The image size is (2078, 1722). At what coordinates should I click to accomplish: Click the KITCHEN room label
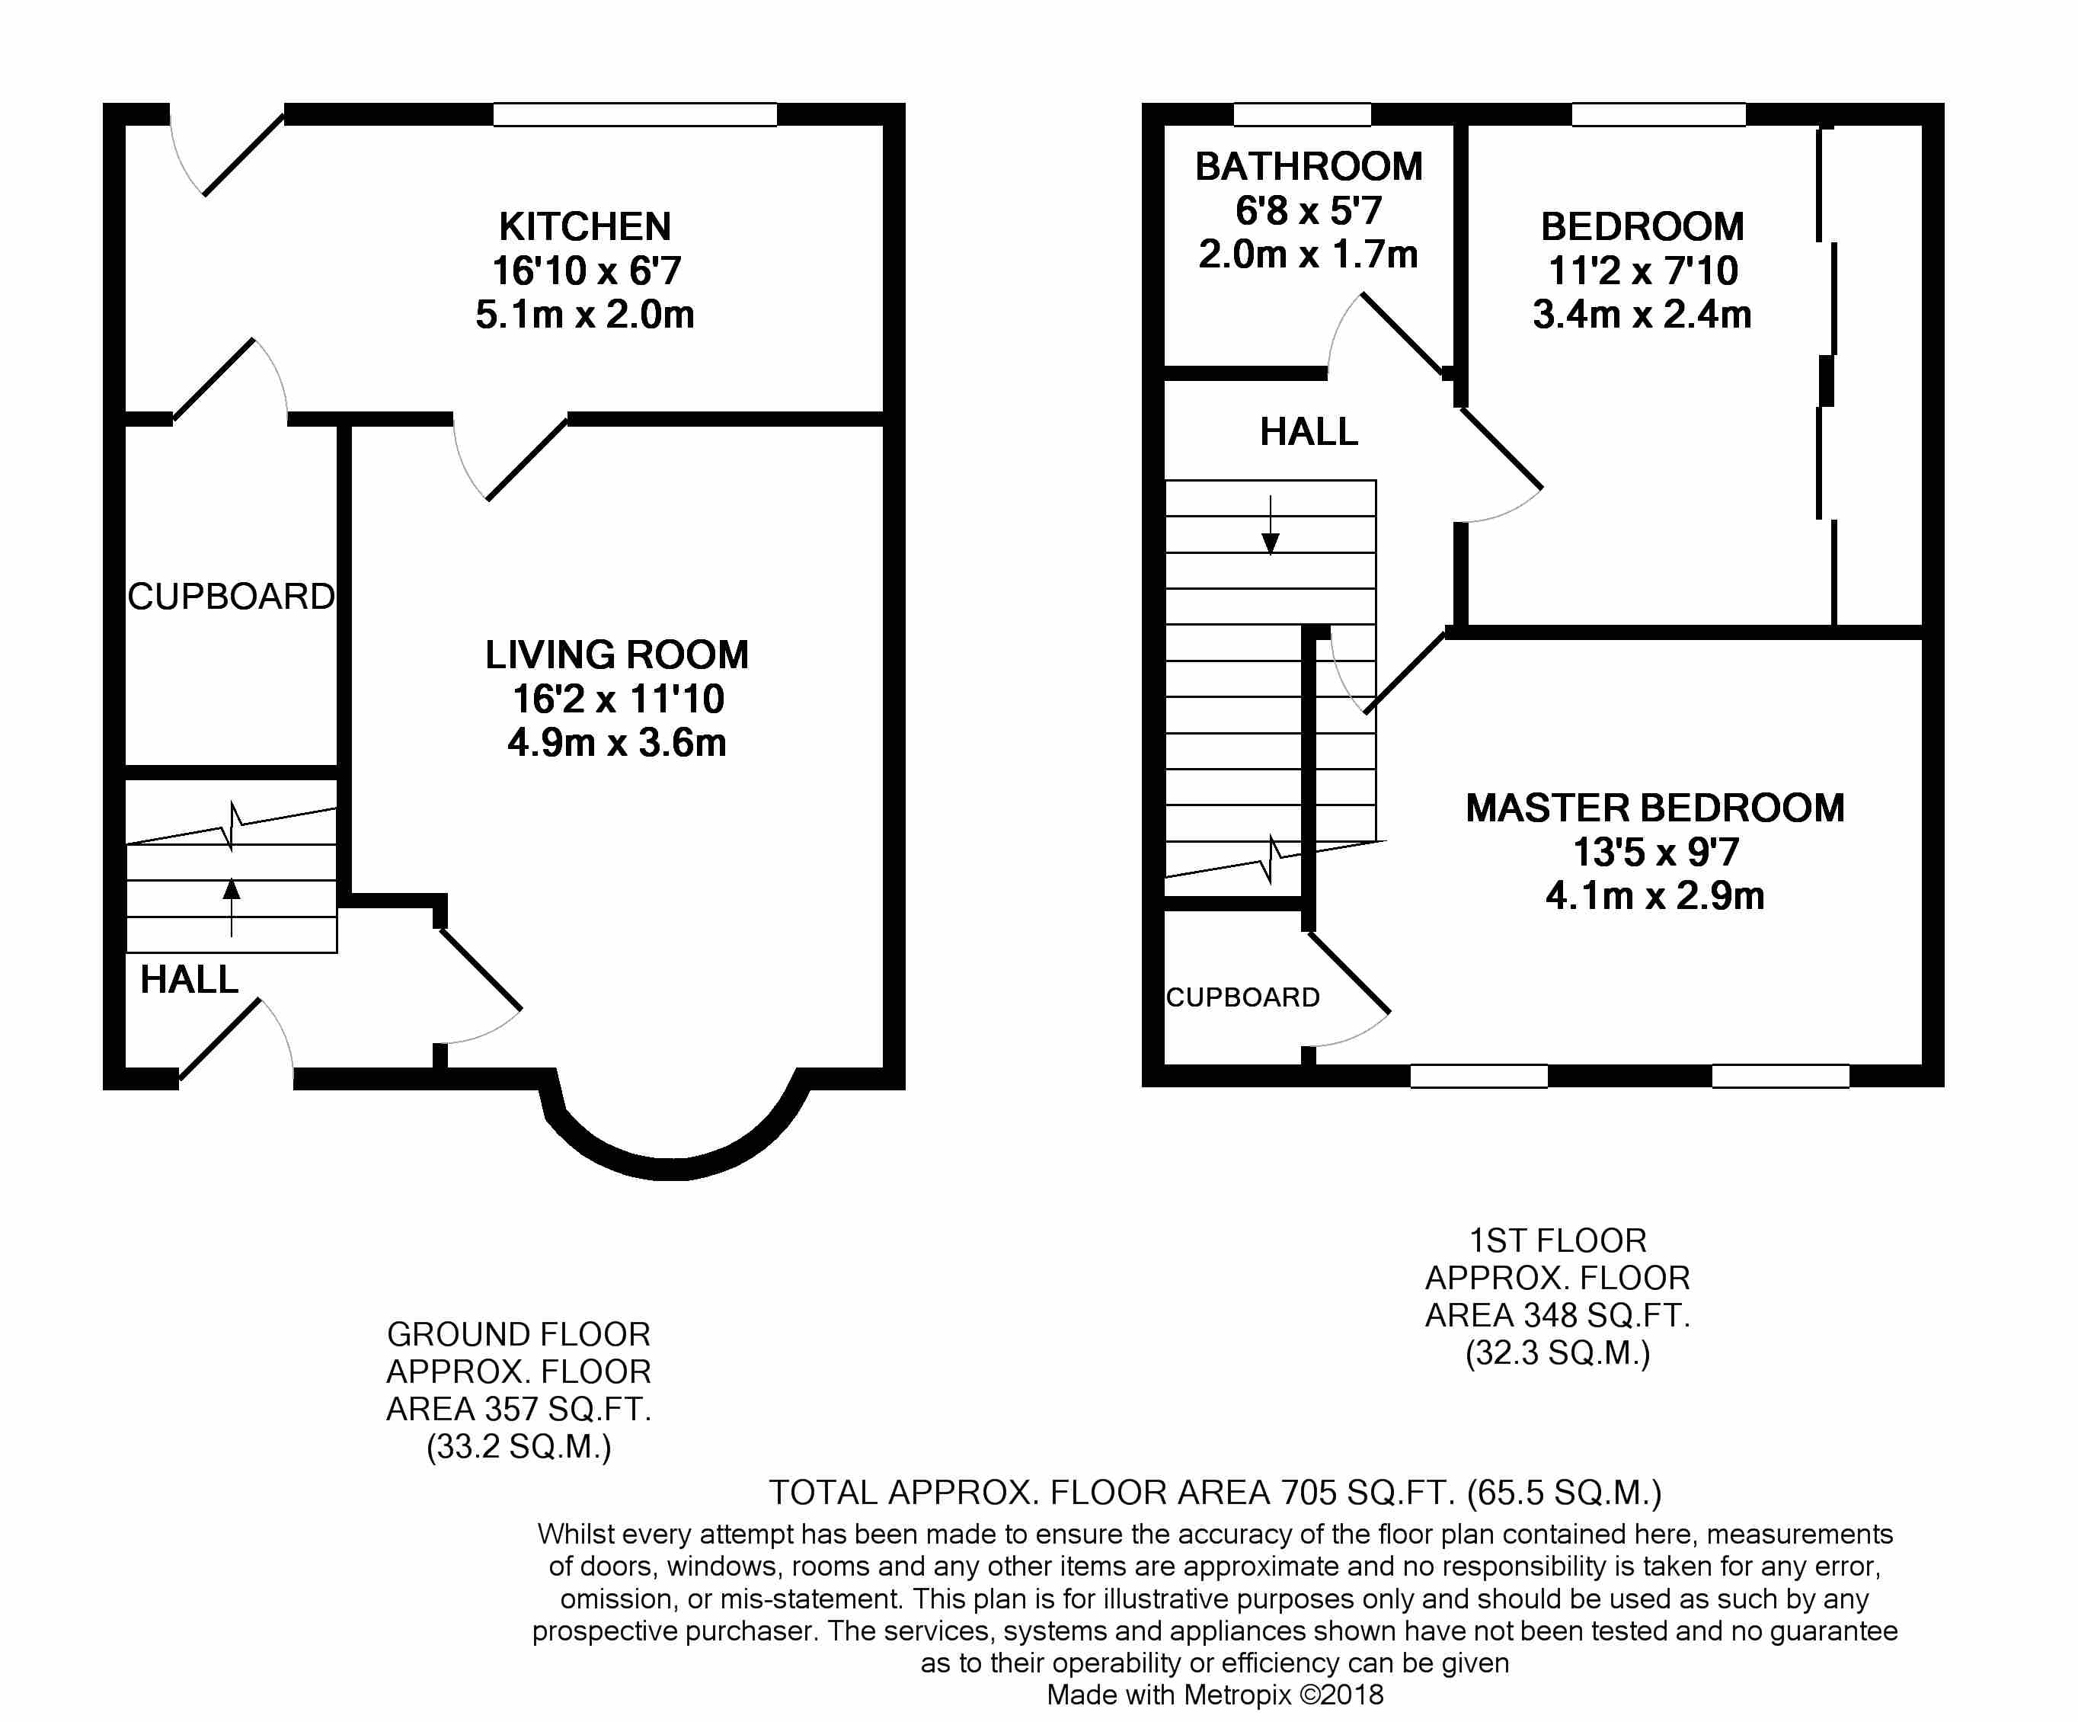click(585, 226)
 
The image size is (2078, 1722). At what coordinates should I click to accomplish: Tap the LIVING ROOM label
click(616, 655)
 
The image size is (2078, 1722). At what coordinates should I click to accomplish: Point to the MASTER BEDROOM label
click(1654, 808)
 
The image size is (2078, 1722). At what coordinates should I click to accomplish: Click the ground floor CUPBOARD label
click(232, 596)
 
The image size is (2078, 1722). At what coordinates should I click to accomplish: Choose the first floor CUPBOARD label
click(1243, 997)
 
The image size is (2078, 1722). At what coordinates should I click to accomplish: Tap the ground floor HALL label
click(189, 980)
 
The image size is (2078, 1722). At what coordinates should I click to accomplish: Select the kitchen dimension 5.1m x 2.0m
click(585, 315)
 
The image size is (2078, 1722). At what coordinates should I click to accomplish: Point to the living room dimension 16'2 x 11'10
click(619, 699)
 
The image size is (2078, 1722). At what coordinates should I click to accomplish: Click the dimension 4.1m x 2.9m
click(1655, 895)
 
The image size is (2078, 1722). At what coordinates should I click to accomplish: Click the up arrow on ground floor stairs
click(232, 907)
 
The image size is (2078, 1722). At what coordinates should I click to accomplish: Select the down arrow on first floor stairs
click(1271, 524)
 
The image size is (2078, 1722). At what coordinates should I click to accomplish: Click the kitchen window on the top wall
click(635, 115)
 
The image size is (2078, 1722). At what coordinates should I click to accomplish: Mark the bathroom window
click(1303, 115)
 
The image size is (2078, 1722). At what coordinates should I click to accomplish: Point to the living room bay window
click(670, 1169)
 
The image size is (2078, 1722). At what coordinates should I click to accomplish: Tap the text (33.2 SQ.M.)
click(519, 1447)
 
